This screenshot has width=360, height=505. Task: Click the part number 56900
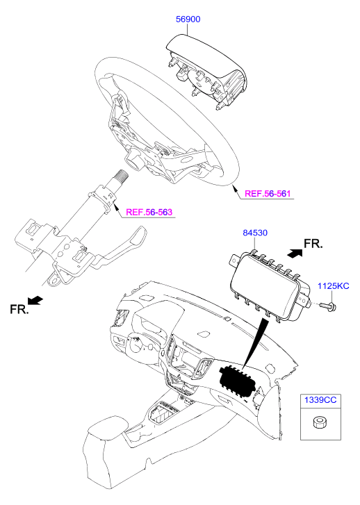188,19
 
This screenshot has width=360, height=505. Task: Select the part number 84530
255,233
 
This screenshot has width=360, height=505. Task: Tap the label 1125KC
334,286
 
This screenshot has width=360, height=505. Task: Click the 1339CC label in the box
320,400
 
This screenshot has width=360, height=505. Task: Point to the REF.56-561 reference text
268,194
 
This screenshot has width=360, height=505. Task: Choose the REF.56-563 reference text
149,213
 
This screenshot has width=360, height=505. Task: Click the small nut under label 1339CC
318,422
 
